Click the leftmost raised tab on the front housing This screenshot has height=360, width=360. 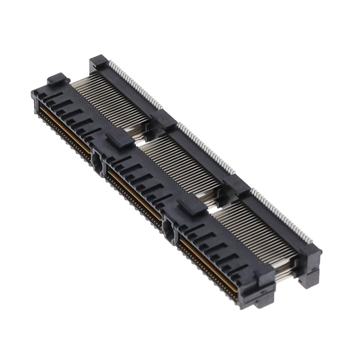[x=58, y=80]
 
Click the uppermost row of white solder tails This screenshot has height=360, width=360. [x=135, y=84]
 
